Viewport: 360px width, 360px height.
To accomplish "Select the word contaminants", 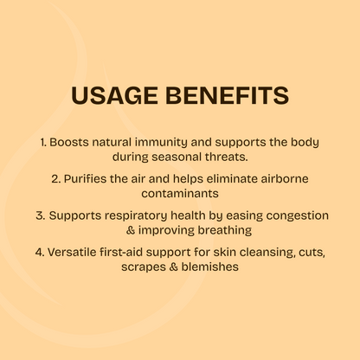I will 180,194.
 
